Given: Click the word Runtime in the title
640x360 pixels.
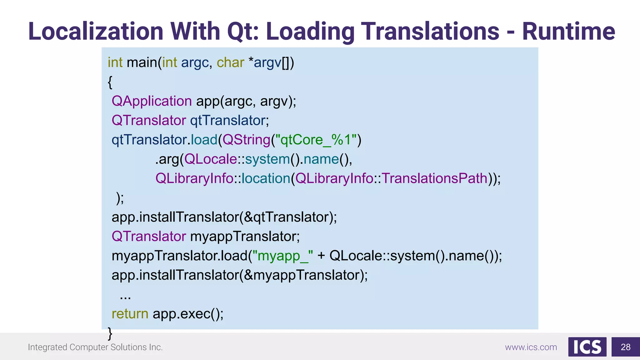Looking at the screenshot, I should [x=568, y=32].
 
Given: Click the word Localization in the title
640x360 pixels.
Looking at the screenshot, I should [x=96, y=32].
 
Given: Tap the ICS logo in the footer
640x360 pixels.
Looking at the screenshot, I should [x=587, y=347].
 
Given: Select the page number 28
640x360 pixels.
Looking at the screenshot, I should [x=626, y=347].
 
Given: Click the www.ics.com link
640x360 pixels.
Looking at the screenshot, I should [x=531, y=347].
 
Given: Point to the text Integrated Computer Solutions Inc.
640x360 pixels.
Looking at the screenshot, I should [x=95, y=347].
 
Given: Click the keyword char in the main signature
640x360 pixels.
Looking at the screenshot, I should [x=230, y=62].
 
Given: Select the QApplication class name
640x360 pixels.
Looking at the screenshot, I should [x=152, y=101].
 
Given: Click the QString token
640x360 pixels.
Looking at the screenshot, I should [x=246, y=140].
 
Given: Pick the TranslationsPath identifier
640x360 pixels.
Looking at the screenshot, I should [x=434, y=178].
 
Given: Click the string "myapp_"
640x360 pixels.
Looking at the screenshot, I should [x=282, y=256].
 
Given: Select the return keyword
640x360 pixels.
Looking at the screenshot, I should [x=130, y=314].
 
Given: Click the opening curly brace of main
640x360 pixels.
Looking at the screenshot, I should [x=110, y=82].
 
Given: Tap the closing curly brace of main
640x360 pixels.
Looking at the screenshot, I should [x=110, y=333].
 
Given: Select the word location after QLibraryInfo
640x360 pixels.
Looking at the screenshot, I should [x=266, y=178].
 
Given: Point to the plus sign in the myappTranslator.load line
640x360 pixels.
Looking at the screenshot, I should [x=321, y=256].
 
